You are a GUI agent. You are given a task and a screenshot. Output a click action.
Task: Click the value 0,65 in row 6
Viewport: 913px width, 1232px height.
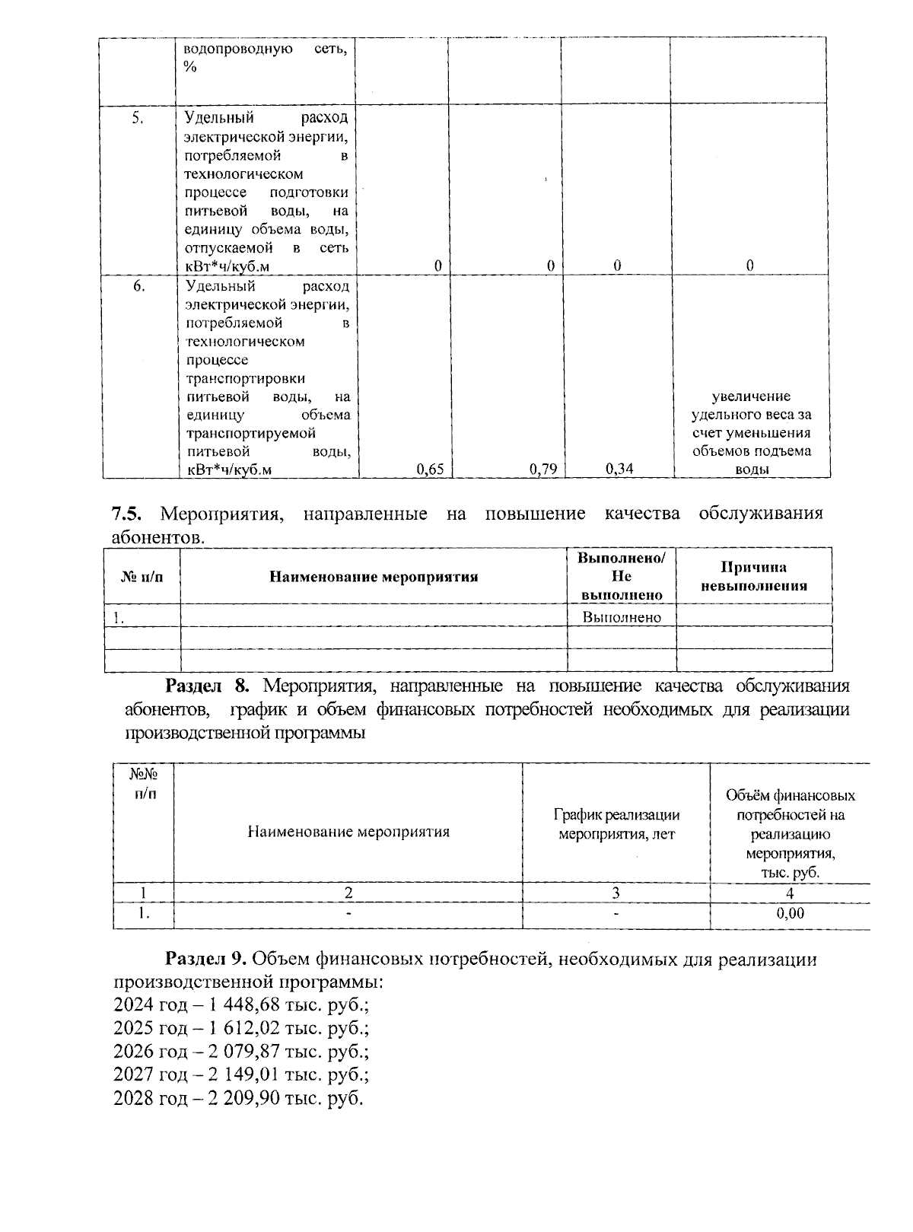pos(431,470)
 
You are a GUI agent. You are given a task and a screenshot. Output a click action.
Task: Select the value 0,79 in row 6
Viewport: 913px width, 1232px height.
pos(543,470)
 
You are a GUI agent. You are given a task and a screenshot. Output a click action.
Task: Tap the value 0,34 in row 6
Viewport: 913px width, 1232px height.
pos(619,469)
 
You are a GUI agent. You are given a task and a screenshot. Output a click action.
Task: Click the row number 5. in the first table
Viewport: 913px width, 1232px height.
pos(138,118)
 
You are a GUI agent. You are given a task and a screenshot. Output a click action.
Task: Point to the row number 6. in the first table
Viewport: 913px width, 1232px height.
pos(139,286)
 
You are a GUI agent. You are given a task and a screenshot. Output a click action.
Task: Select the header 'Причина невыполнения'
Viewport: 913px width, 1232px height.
pos(753,577)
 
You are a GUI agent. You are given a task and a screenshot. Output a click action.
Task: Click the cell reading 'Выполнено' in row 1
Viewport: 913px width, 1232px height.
pos(622,617)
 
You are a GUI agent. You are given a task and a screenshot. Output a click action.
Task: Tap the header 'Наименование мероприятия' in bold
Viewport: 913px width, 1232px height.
pos(374,577)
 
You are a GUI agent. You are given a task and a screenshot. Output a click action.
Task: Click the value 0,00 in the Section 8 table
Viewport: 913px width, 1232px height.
pos(790,914)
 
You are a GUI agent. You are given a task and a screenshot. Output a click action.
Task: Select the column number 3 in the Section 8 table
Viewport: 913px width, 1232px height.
pos(616,893)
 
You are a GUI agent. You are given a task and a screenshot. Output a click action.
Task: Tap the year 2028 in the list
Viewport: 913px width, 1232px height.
pos(132,1099)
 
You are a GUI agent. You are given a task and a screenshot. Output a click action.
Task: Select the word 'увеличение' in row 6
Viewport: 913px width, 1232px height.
pos(751,396)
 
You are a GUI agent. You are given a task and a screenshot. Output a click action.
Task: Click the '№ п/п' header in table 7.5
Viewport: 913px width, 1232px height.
pos(142,577)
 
